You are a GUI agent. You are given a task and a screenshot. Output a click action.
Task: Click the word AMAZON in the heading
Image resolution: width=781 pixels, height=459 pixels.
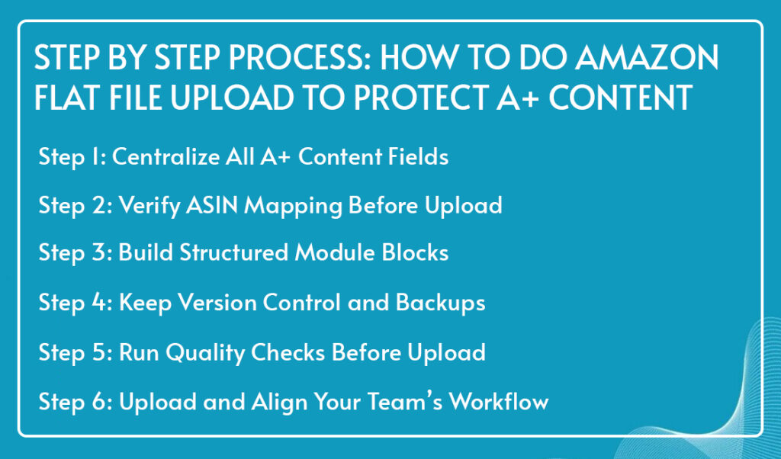[x=647, y=57]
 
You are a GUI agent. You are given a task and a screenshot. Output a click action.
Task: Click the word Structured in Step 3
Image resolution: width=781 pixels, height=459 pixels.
[x=233, y=252]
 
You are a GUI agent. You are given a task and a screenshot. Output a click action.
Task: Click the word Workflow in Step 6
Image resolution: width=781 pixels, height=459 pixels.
[x=499, y=401]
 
